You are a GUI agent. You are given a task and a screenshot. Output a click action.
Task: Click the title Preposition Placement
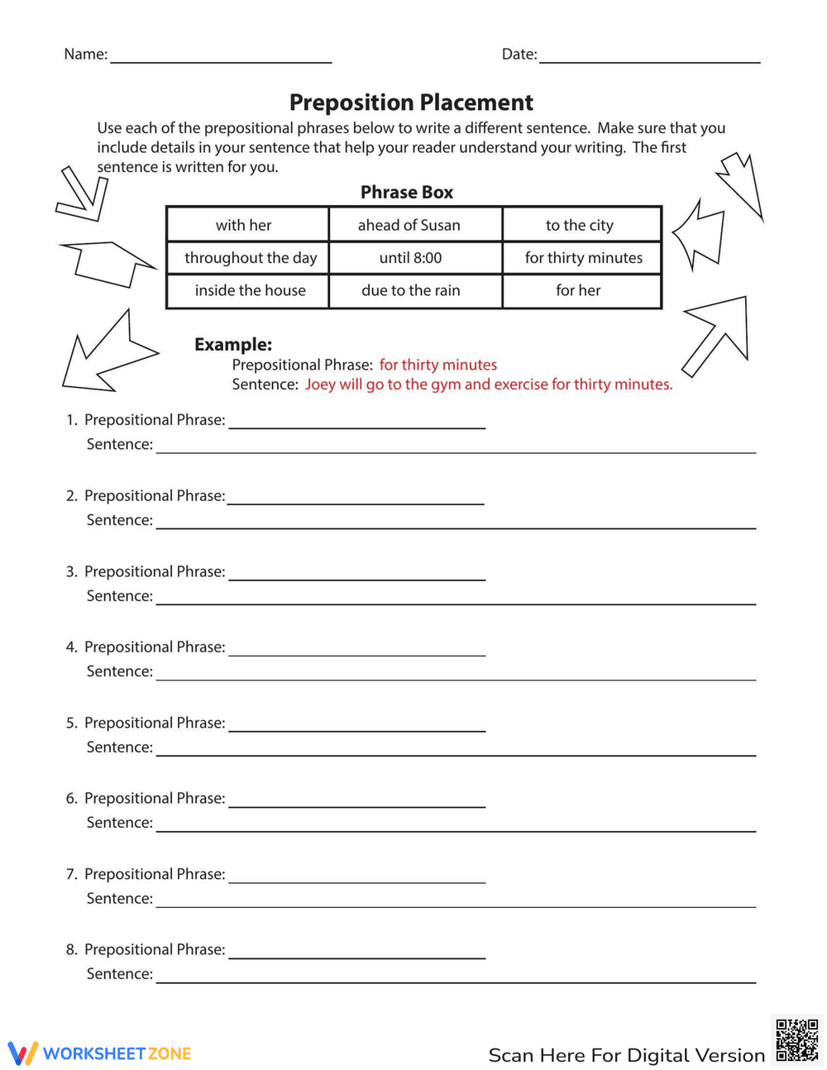click(x=411, y=103)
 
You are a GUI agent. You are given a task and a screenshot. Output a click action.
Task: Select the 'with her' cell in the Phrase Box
click(x=244, y=225)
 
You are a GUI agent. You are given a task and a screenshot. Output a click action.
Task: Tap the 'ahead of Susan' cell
click(x=409, y=225)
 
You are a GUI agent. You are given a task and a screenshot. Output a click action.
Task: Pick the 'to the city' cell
click(x=580, y=225)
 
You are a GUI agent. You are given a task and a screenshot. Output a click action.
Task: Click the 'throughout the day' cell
click(x=251, y=258)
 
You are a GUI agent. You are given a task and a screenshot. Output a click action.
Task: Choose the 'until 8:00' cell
click(x=410, y=258)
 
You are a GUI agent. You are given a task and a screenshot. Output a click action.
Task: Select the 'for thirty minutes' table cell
click(x=583, y=258)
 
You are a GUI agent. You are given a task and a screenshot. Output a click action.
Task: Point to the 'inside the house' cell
click(x=250, y=290)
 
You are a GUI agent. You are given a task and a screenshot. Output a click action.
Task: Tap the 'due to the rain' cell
click(x=410, y=290)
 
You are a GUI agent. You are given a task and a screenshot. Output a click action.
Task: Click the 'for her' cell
click(x=578, y=290)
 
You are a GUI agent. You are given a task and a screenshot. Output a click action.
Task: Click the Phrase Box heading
click(x=407, y=192)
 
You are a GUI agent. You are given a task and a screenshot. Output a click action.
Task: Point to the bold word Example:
click(x=233, y=344)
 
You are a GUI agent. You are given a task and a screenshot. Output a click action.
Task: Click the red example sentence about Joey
click(x=488, y=385)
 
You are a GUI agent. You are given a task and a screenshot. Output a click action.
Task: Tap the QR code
click(x=797, y=1039)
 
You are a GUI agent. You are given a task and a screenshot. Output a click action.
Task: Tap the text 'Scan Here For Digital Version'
click(x=626, y=1055)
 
